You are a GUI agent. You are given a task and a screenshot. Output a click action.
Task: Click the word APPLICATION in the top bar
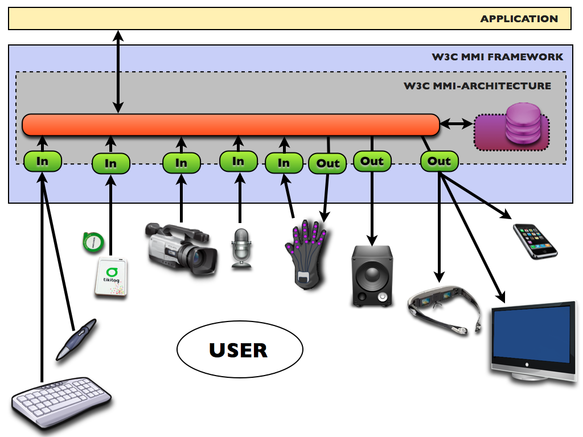[x=519, y=19]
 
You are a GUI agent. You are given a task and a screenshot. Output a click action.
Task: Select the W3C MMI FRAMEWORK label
[x=498, y=57]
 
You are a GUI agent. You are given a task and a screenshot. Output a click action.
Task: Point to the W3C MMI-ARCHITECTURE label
[x=477, y=86]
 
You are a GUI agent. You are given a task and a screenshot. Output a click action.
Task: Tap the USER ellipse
[x=239, y=350]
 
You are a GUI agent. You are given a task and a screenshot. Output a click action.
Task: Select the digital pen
[x=77, y=339]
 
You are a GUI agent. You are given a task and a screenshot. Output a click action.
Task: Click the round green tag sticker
[x=91, y=242]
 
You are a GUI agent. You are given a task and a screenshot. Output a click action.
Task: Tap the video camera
[x=181, y=249]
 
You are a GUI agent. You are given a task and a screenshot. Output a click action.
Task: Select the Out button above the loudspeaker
[x=372, y=162]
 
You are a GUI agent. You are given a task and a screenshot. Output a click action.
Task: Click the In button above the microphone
[x=239, y=162]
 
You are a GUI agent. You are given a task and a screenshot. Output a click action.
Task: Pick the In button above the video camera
[x=181, y=164]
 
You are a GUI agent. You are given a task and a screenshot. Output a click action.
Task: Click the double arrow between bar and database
[x=457, y=123]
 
